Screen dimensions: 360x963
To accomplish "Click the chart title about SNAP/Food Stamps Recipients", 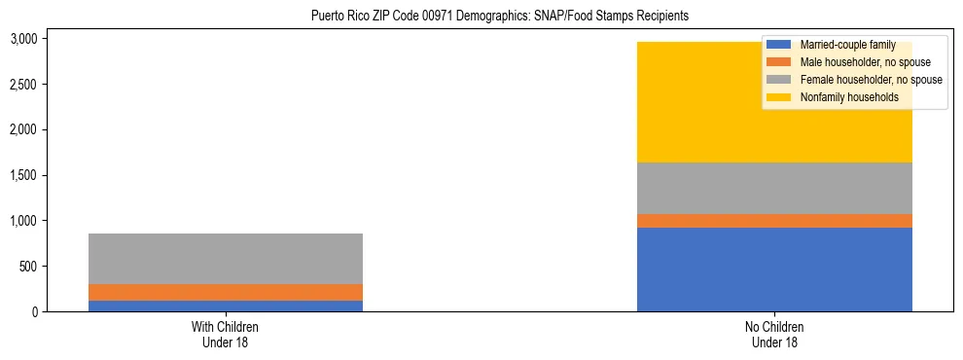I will pyautogui.click(x=499, y=17).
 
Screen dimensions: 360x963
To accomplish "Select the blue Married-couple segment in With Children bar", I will pyautogui.click(x=225, y=306).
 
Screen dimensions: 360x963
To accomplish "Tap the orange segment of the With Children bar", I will pyautogui.click(x=225, y=292).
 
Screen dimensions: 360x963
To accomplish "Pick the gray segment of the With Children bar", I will pyautogui.click(x=225, y=259).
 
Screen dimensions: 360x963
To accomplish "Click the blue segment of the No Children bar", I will pyautogui.click(x=774, y=270).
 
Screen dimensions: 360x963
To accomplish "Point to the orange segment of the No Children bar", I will pyautogui.click(x=774, y=221).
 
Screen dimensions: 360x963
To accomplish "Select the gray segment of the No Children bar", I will pyautogui.click(x=774, y=188).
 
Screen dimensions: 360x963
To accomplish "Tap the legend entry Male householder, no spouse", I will pyautogui.click(x=851, y=62).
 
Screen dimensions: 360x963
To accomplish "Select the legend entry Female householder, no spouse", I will pyautogui.click(x=856, y=80).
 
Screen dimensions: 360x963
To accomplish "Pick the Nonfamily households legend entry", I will pyautogui.click(x=842, y=97).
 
